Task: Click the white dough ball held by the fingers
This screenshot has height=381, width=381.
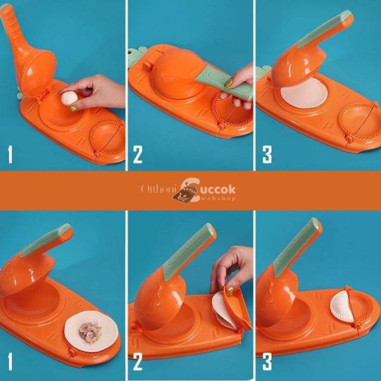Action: (x=69, y=98)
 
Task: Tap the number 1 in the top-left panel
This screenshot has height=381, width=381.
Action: (x=10, y=154)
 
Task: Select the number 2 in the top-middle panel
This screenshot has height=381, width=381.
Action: (x=138, y=154)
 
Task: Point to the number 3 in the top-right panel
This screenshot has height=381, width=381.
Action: (x=267, y=154)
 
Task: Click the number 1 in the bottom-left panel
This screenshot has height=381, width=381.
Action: (x=10, y=361)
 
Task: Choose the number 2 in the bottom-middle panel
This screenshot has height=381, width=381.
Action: (x=138, y=361)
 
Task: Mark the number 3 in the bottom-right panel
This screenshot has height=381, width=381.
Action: (x=267, y=361)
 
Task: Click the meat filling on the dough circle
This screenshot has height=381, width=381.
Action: (x=90, y=332)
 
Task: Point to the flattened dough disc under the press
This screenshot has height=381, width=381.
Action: (x=304, y=93)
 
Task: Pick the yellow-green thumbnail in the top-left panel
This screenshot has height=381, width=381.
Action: (x=73, y=108)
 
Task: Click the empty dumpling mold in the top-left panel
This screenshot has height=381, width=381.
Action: (x=107, y=139)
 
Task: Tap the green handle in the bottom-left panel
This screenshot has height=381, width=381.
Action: (x=46, y=240)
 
